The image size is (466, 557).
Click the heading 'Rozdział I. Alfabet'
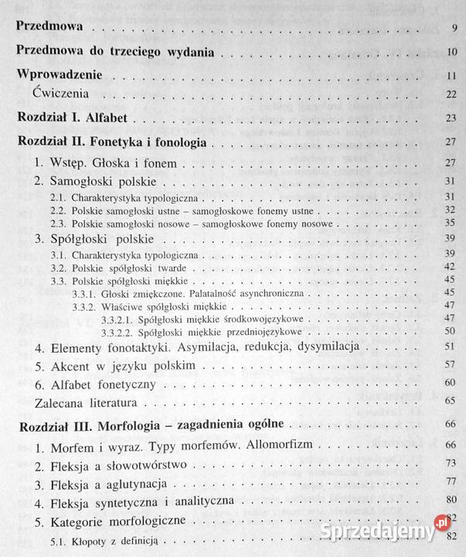click(x=77, y=119)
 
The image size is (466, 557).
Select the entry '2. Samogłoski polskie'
click(x=97, y=181)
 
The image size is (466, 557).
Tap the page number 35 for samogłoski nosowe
click(x=451, y=224)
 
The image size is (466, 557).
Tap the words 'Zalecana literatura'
click(x=87, y=403)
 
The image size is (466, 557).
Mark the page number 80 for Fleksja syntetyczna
click(x=451, y=502)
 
